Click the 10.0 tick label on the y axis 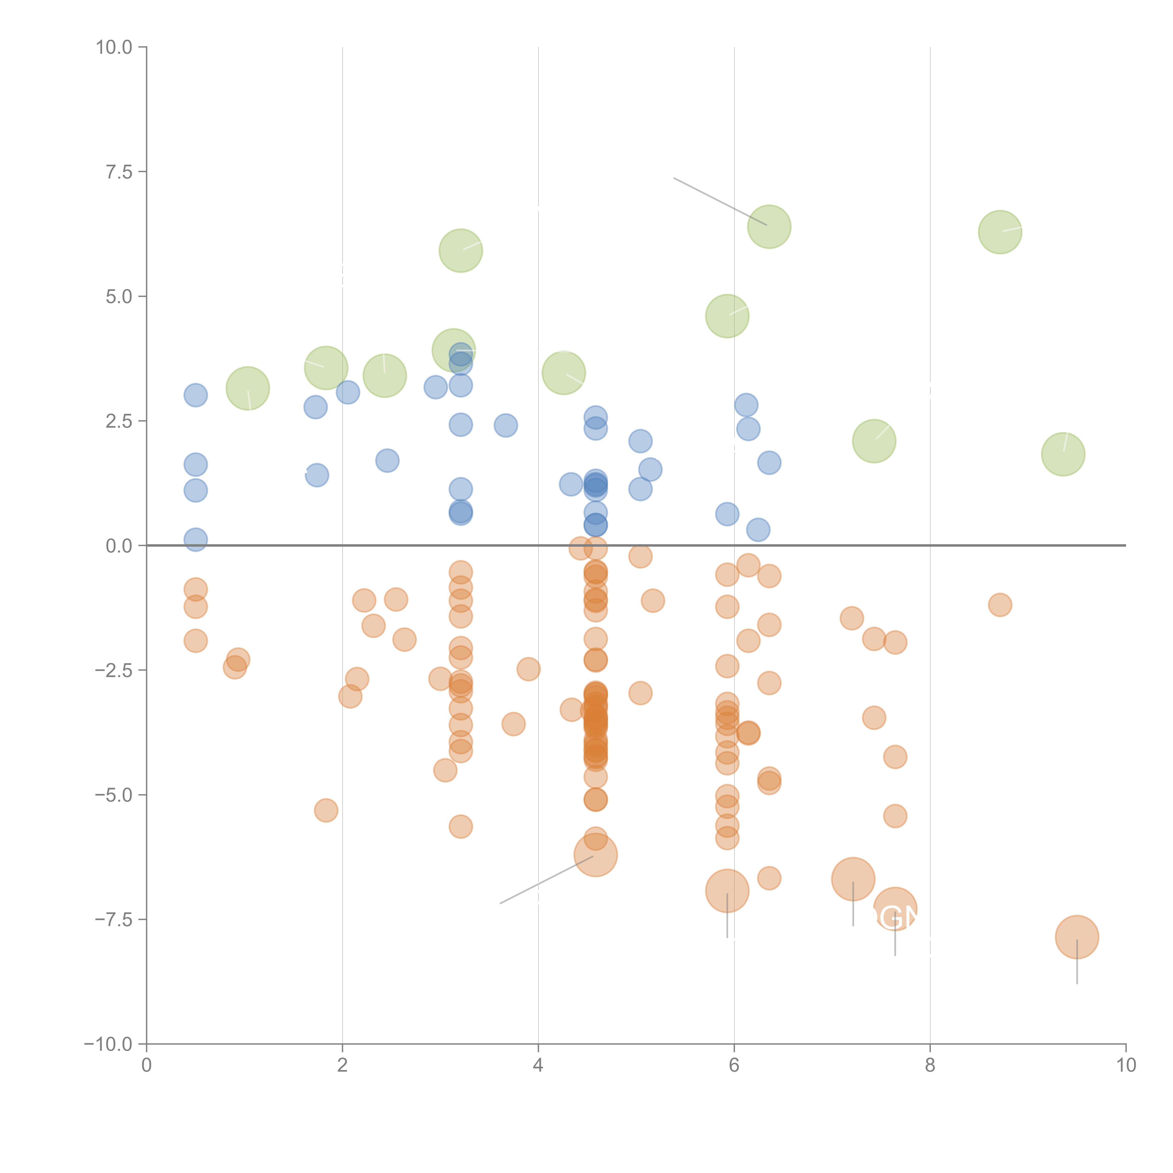(114, 47)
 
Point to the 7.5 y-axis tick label (119, 172)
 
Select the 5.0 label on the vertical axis (119, 297)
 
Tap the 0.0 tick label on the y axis (119, 546)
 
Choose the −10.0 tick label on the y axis (108, 1044)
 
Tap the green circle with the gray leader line (769, 226)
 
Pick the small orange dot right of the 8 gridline (1000, 605)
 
